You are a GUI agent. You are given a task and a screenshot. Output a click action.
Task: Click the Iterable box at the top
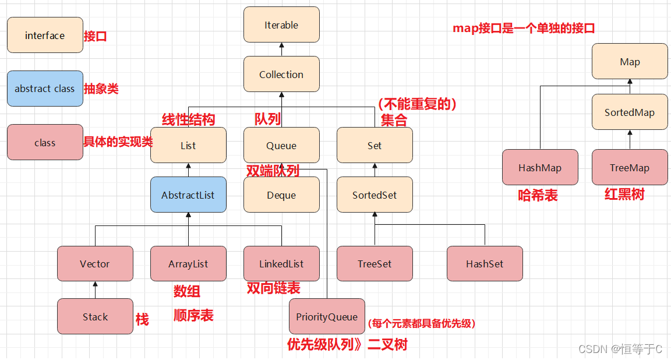[281, 25]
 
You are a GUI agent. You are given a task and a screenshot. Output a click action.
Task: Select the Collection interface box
[281, 75]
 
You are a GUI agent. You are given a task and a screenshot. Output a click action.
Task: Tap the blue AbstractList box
[188, 195]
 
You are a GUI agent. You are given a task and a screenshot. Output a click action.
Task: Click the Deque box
[281, 195]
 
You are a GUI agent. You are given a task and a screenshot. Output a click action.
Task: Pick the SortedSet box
[375, 195]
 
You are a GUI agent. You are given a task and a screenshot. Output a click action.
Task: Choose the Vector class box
[95, 264]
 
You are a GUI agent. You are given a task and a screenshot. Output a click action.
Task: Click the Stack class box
[95, 317]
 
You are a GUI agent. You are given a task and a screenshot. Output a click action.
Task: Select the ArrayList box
[188, 264]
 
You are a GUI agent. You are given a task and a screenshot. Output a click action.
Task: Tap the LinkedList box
[281, 264]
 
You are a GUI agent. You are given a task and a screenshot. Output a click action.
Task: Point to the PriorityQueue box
[327, 317]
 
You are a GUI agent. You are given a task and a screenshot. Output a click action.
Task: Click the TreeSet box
[375, 264]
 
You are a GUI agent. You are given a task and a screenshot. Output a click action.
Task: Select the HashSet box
[485, 264]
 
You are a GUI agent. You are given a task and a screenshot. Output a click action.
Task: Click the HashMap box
[540, 168]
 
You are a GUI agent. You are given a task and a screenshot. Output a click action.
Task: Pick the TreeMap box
[630, 168]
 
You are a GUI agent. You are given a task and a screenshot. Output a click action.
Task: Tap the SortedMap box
[630, 112]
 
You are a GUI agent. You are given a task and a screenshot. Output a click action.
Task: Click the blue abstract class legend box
[45, 89]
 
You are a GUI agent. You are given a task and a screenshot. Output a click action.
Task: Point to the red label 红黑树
[624, 195]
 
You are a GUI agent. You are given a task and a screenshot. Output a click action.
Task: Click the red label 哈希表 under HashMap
[538, 196]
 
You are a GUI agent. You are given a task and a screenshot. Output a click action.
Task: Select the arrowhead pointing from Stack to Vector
[95, 285]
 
